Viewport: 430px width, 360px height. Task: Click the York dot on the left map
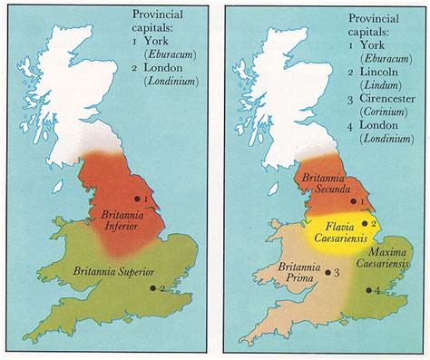[x=137, y=198]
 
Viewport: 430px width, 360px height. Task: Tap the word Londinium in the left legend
[x=172, y=79]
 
